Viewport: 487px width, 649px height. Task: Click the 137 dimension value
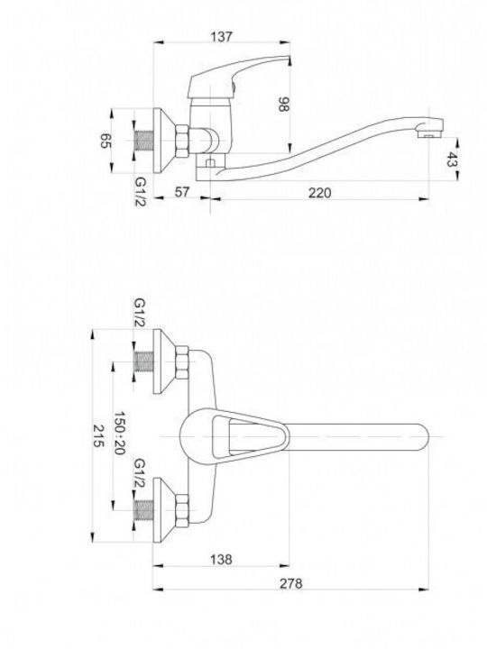point(222,36)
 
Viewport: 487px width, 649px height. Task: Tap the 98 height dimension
point(283,105)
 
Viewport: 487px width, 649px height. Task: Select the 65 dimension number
point(106,141)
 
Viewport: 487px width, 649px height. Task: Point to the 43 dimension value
point(451,160)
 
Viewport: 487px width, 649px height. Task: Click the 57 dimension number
point(181,192)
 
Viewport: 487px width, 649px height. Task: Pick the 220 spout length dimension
point(319,193)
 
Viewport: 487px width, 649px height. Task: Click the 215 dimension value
point(97,435)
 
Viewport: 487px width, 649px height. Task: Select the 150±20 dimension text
point(119,433)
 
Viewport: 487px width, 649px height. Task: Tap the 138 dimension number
point(221,559)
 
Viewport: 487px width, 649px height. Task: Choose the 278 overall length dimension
point(291,583)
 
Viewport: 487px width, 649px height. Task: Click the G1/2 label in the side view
point(141,192)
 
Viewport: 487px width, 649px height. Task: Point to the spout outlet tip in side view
point(429,134)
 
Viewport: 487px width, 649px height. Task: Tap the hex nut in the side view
point(182,141)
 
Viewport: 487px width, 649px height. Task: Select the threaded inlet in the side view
point(144,141)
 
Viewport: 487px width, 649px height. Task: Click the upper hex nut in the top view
point(182,362)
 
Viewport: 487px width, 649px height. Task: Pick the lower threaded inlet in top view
point(144,510)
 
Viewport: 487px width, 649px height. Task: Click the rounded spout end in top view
point(421,436)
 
